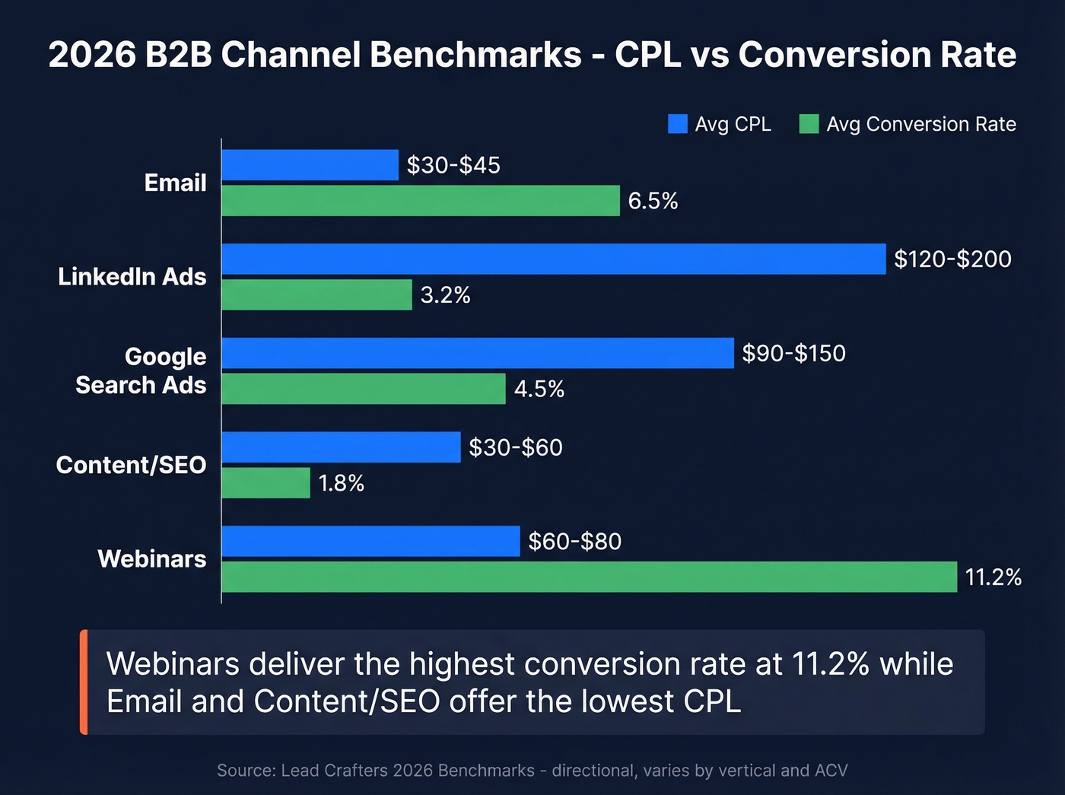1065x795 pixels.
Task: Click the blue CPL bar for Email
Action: point(310,165)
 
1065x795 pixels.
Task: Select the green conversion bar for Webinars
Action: point(589,577)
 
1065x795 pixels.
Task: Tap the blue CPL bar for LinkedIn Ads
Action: point(553,259)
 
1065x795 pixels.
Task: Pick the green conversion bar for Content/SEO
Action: point(265,483)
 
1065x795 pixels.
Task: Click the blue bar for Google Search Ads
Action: point(477,353)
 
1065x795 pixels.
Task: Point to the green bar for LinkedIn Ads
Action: point(316,294)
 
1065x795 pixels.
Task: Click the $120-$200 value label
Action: point(952,259)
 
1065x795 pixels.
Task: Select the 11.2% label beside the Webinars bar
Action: point(993,577)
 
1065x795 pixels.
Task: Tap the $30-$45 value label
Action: point(453,165)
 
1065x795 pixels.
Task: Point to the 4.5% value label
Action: point(539,390)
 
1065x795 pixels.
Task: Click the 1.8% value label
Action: point(341,483)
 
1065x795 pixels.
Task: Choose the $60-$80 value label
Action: point(574,542)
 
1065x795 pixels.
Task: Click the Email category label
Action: point(175,183)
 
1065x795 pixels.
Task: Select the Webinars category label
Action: point(152,559)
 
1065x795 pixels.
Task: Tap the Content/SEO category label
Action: point(131,465)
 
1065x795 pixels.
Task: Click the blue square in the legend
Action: point(677,124)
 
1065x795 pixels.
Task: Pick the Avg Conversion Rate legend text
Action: point(920,124)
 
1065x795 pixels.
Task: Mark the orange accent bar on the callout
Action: point(84,682)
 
